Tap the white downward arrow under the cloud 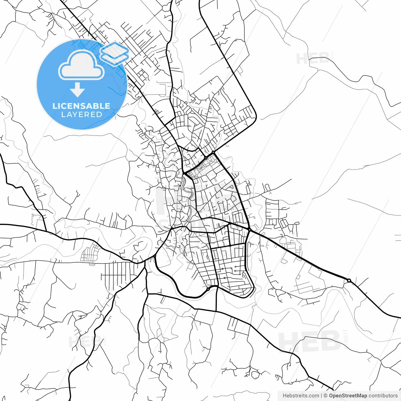(x=77, y=90)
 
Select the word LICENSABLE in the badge (x=81, y=106)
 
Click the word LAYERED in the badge (x=81, y=115)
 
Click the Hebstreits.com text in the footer (x=301, y=396)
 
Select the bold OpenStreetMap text (x=348, y=396)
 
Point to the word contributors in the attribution (x=383, y=396)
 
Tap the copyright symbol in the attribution (x=325, y=396)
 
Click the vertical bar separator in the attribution (x=321, y=396)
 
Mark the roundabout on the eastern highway (x=349, y=280)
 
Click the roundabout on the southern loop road (x=208, y=289)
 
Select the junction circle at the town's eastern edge (x=250, y=230)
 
